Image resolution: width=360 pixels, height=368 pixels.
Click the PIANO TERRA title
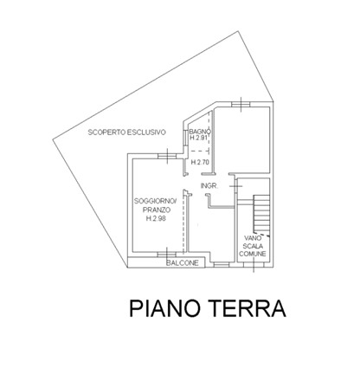coord(208,308)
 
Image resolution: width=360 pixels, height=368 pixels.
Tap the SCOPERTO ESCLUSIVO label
coord(127,132)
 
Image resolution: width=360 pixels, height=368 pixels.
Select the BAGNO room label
coord(200,132)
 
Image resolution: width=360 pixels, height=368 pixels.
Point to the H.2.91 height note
coord(199,138)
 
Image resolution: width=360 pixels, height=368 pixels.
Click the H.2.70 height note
coord(200,162)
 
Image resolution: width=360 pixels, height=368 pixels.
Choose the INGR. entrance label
coord(209,186)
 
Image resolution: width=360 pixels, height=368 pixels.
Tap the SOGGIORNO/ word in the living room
coord(155,201)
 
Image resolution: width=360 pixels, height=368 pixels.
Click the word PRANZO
coord(157,210)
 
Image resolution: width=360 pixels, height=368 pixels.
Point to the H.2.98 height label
coord(156,219)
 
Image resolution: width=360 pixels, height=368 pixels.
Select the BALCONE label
coord(183,263)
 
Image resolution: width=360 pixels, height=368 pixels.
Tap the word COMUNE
coord(253,254)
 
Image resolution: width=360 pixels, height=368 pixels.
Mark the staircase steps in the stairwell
coord(261,214)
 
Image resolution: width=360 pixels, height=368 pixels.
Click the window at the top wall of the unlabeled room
coord(241,105)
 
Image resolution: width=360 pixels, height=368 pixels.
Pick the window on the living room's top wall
coord(167,156)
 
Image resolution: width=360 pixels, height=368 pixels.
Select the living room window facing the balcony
coord(167,254)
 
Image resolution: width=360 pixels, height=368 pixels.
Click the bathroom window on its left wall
coord(185,139)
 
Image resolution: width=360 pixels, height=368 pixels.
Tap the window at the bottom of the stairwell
coord(254,264)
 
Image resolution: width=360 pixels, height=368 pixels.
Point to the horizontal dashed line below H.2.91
coord(200,151)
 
